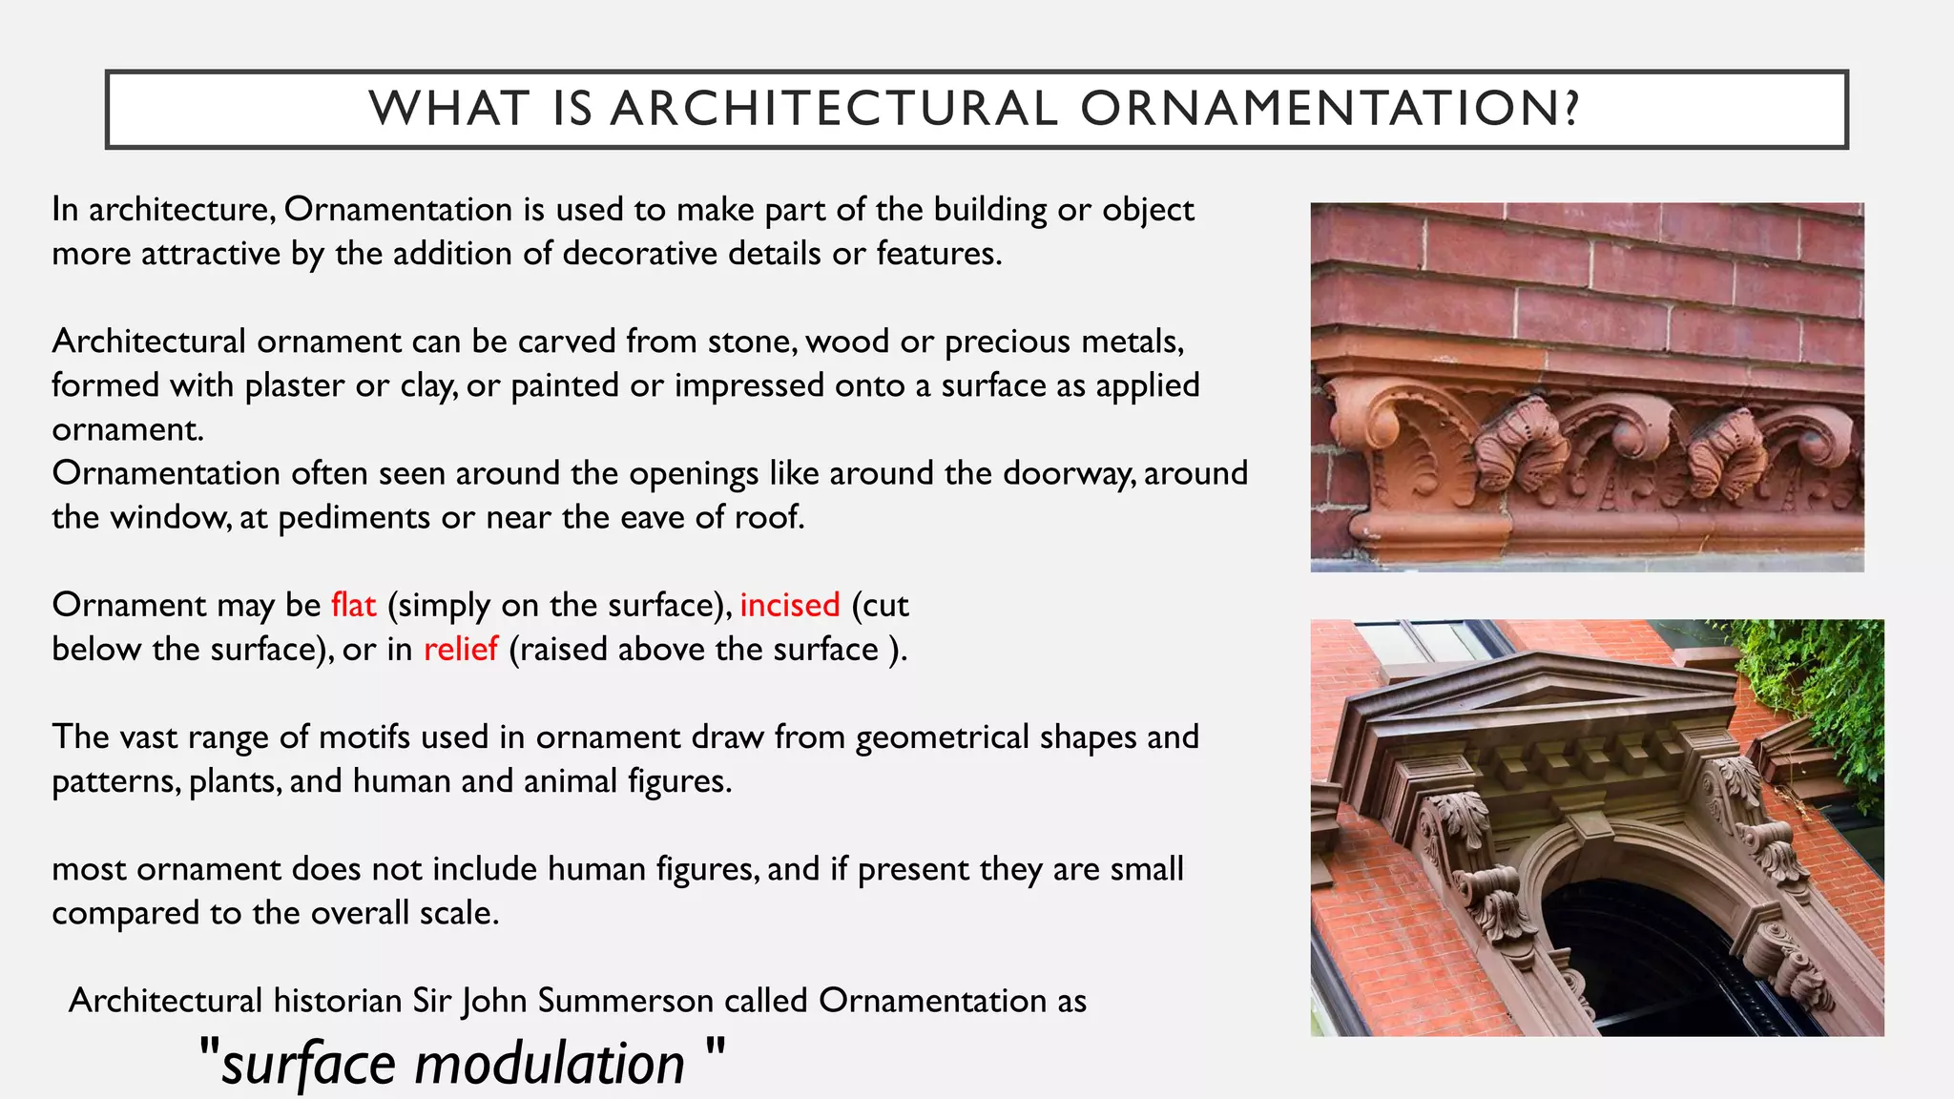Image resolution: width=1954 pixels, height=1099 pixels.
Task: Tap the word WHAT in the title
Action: (x=449, y=108)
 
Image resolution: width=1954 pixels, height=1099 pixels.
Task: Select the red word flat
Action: (x=353, y=605)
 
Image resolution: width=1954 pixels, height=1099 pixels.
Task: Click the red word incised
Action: (x=789, y=605)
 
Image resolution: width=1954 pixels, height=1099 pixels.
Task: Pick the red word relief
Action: (x=460, y=649)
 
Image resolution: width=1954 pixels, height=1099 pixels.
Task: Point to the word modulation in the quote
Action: (x=549, y=1063)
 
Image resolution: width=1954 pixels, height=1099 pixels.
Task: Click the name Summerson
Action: (x=625, y=1000)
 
